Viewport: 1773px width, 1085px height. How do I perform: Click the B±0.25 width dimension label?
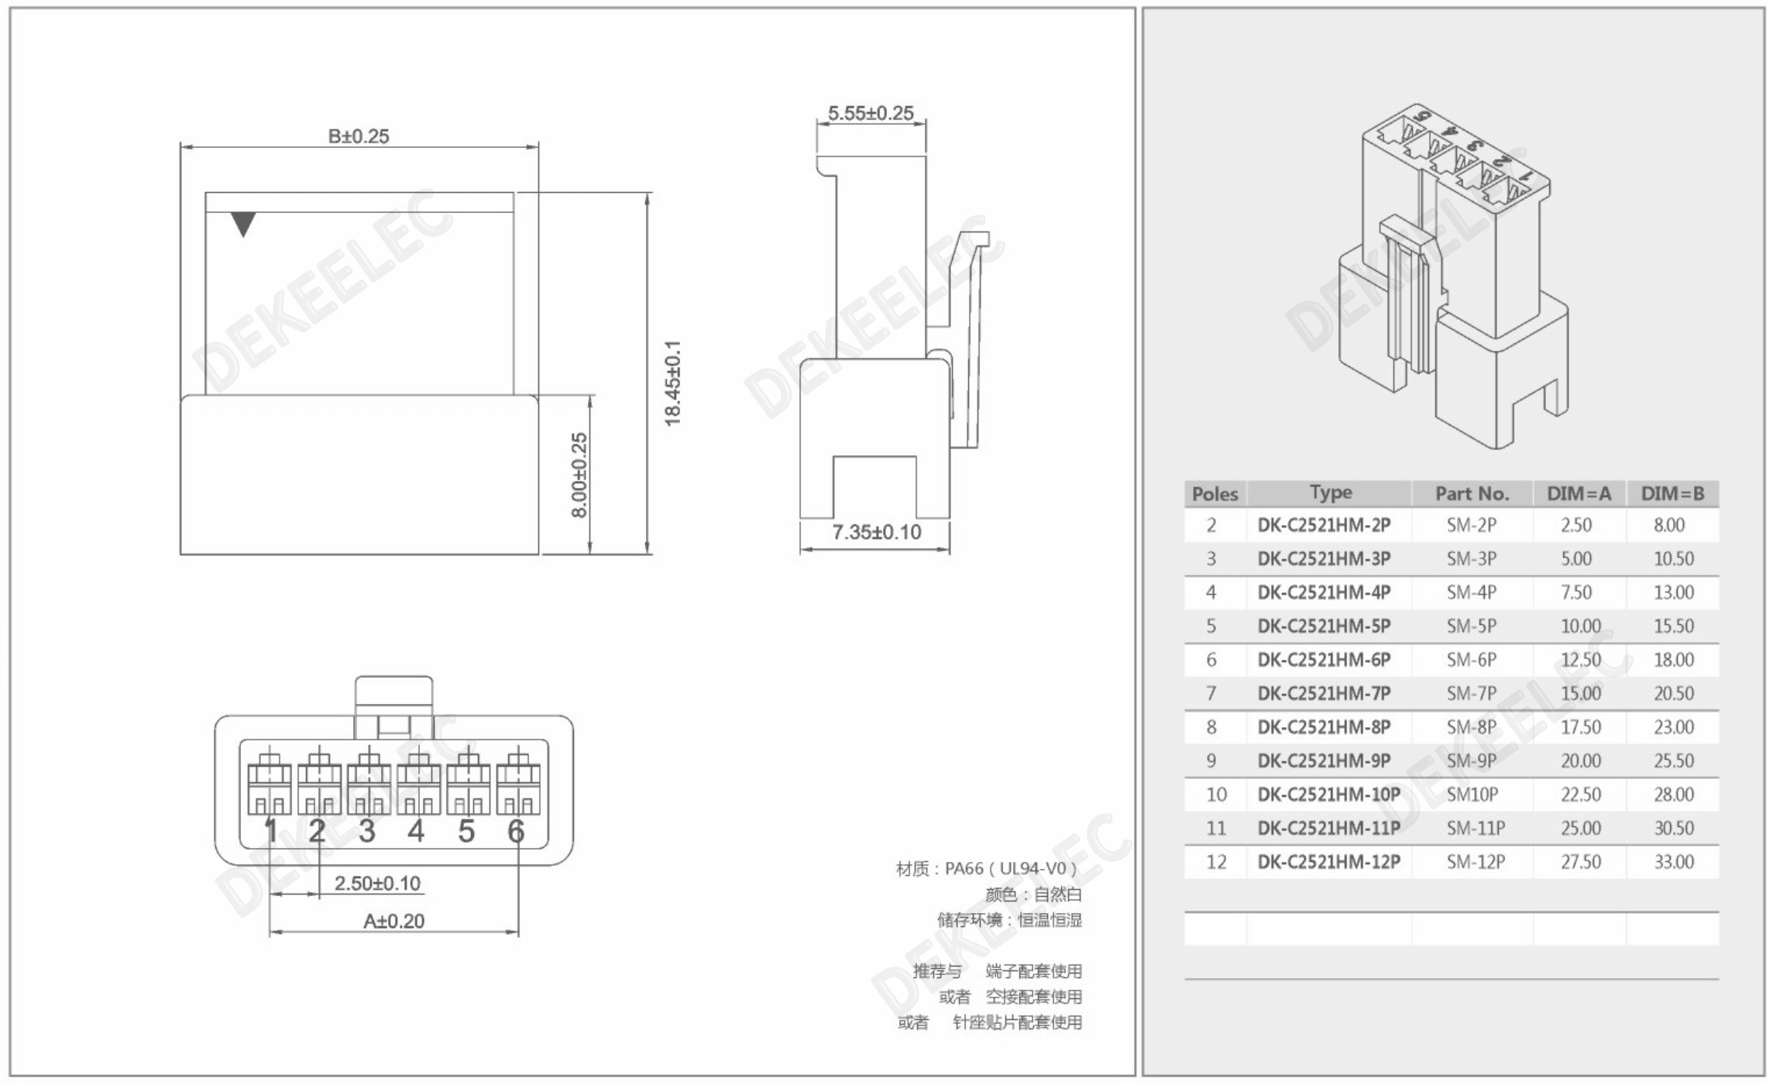coord(359,136)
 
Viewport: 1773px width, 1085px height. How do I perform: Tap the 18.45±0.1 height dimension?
coord(672,383)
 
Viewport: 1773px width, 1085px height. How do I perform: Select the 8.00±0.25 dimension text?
coord(579,475)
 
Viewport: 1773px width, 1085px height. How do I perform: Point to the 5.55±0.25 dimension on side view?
coord(871,113)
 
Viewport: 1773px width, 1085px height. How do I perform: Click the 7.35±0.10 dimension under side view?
coord(876,532)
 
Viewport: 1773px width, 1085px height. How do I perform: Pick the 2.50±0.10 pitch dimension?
coord(377,883)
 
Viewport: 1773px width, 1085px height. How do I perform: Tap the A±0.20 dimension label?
coord(393,921)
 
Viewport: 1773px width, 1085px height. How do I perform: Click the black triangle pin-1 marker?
coord(243,224)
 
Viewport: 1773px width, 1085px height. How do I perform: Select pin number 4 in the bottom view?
coord(416,831)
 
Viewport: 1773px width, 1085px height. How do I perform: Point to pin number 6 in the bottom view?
coord(516,831)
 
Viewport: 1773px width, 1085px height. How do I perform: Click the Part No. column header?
coord(1472,493)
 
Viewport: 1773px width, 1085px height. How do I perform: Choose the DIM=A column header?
coord(1579,493)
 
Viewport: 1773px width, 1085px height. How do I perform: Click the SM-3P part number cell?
coord(1471,558)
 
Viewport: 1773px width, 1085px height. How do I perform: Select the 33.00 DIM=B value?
coord(1673,861)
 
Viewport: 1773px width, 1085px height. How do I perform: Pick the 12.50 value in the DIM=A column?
coord(1580,660)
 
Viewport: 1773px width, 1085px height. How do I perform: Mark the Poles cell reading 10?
coord(1215,795)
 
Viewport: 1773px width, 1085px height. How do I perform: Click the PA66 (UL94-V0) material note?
coord(986,868)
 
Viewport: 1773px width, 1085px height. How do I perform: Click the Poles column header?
coord(1215,493)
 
